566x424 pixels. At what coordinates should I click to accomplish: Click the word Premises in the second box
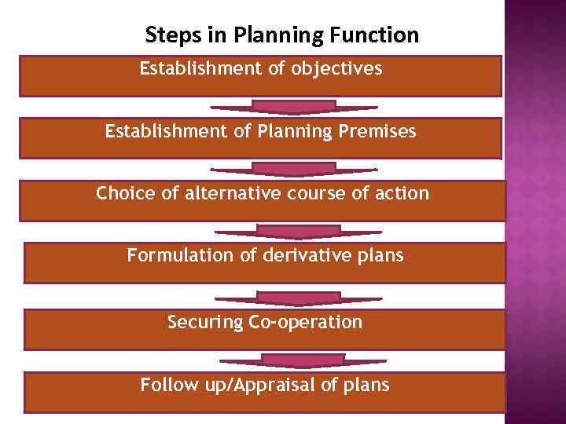376,132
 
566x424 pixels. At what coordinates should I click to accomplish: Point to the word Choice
123,193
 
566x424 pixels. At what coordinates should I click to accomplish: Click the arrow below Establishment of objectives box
294,107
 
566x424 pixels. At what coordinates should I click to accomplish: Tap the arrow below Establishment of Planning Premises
294,170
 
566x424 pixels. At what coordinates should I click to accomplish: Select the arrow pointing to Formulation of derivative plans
298,232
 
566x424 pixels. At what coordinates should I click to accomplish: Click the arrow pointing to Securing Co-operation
298,298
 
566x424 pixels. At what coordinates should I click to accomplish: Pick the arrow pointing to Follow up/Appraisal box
303,361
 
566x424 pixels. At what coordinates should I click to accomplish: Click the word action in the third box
403,193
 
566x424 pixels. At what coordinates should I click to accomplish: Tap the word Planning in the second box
291,132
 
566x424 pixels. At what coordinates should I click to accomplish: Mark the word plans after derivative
380,255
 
